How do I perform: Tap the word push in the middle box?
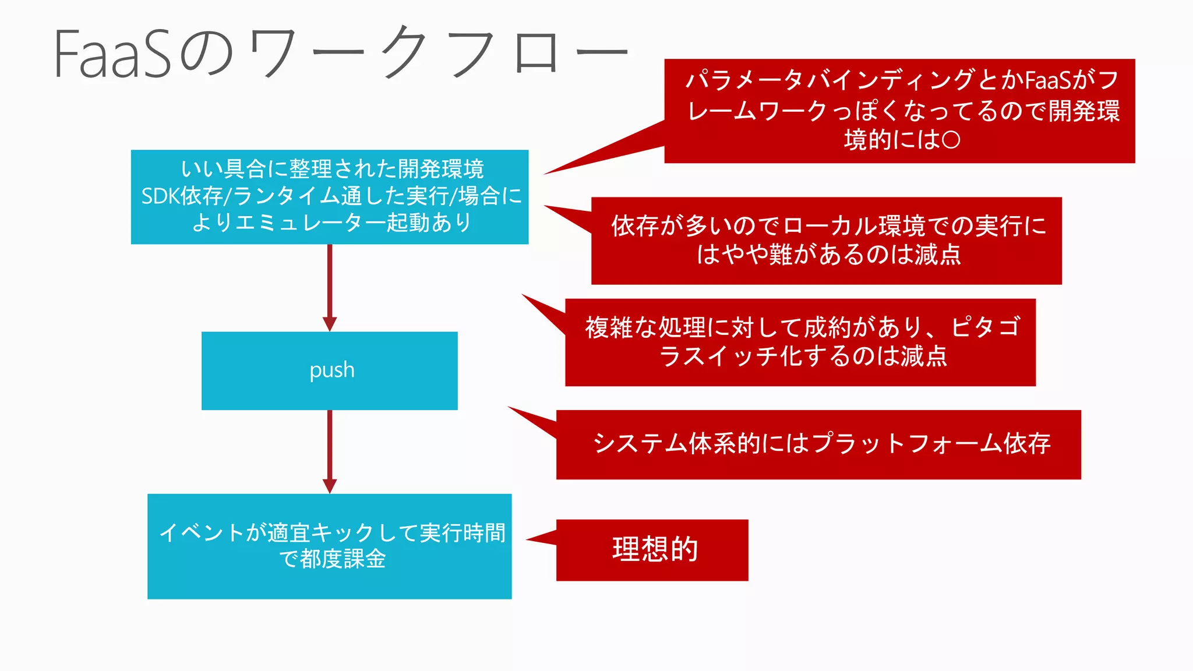[x=331, y=370]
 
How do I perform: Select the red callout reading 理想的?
[x=652, y=549]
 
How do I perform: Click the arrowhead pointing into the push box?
[x=330, y=324]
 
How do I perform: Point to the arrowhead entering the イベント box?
[x=330, y=486]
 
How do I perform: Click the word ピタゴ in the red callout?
[x=986, y=327]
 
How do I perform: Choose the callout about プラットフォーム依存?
[x=818, y=444]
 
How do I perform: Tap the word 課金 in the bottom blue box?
[x=365, y=559]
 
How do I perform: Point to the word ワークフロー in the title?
[x=437, y=54]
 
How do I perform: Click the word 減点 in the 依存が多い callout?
[x=937, y=255]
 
